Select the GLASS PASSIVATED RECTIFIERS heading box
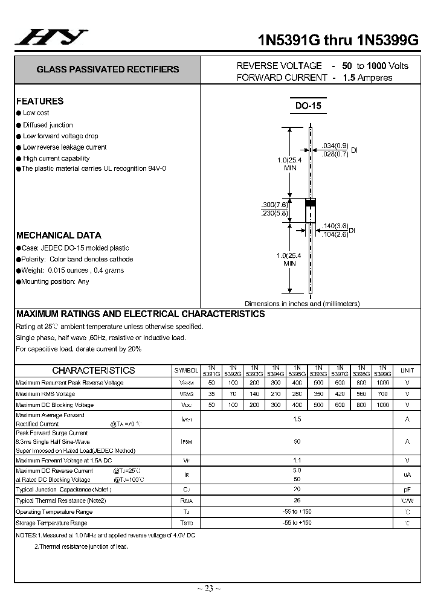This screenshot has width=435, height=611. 108,69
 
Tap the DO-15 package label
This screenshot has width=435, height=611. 308,106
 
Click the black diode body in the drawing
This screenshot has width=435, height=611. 310,211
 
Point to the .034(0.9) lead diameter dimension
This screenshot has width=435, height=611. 335,146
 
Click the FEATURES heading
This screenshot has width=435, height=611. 40,101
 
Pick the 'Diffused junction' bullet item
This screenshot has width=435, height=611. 48,125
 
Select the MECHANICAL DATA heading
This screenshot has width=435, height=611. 59,235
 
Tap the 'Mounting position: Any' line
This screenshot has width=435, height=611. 56,281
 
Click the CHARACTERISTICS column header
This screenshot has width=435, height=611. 94,370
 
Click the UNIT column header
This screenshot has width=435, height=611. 407,370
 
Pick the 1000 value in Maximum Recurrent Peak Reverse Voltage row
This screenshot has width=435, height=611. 382,383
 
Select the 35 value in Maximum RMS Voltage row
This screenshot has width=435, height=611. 211,394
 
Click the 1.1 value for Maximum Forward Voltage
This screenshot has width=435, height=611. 297,460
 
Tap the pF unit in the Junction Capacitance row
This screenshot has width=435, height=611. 407,489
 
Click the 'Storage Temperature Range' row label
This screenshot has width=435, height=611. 51,523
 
